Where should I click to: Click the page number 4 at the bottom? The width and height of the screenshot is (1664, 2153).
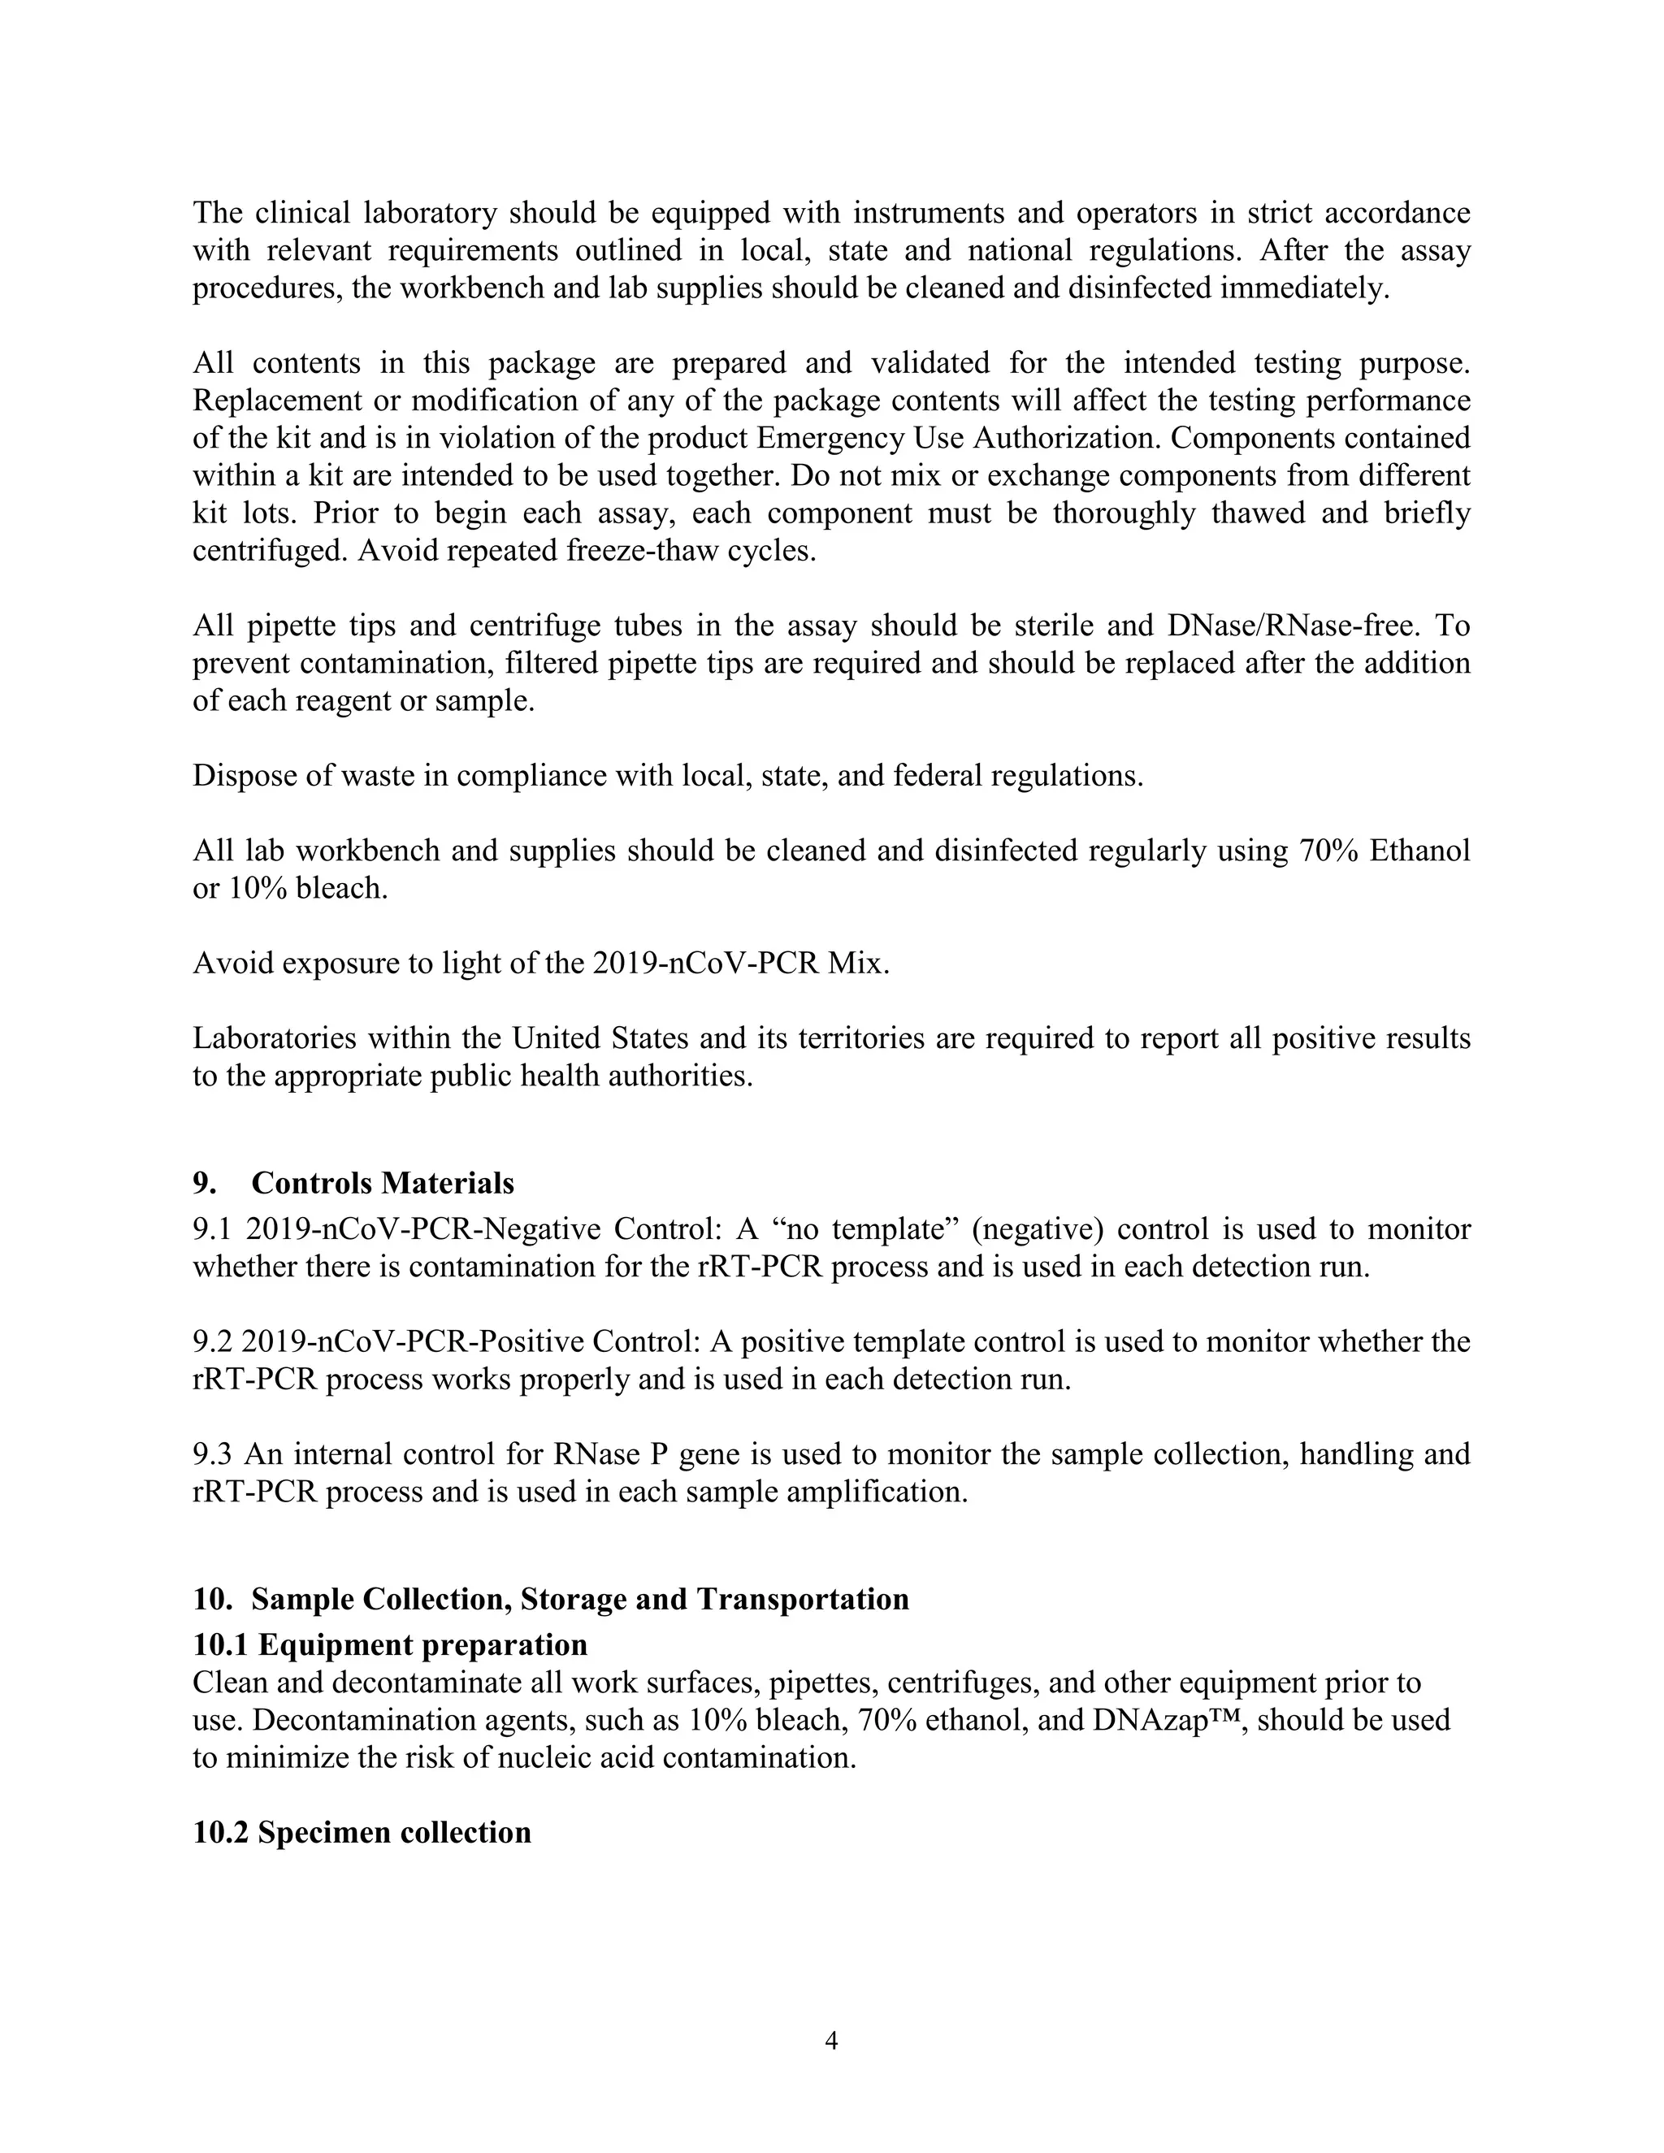point(831,2039)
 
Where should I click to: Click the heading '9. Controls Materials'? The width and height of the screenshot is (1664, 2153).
point(353,1182)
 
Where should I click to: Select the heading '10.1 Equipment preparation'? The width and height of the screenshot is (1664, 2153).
point(389,1645)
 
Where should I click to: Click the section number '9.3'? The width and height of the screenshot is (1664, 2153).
point(212,1454)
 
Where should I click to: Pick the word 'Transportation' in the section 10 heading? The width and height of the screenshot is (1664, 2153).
point(803,1598)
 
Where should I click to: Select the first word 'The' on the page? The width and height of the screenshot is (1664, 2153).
point(218,213)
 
